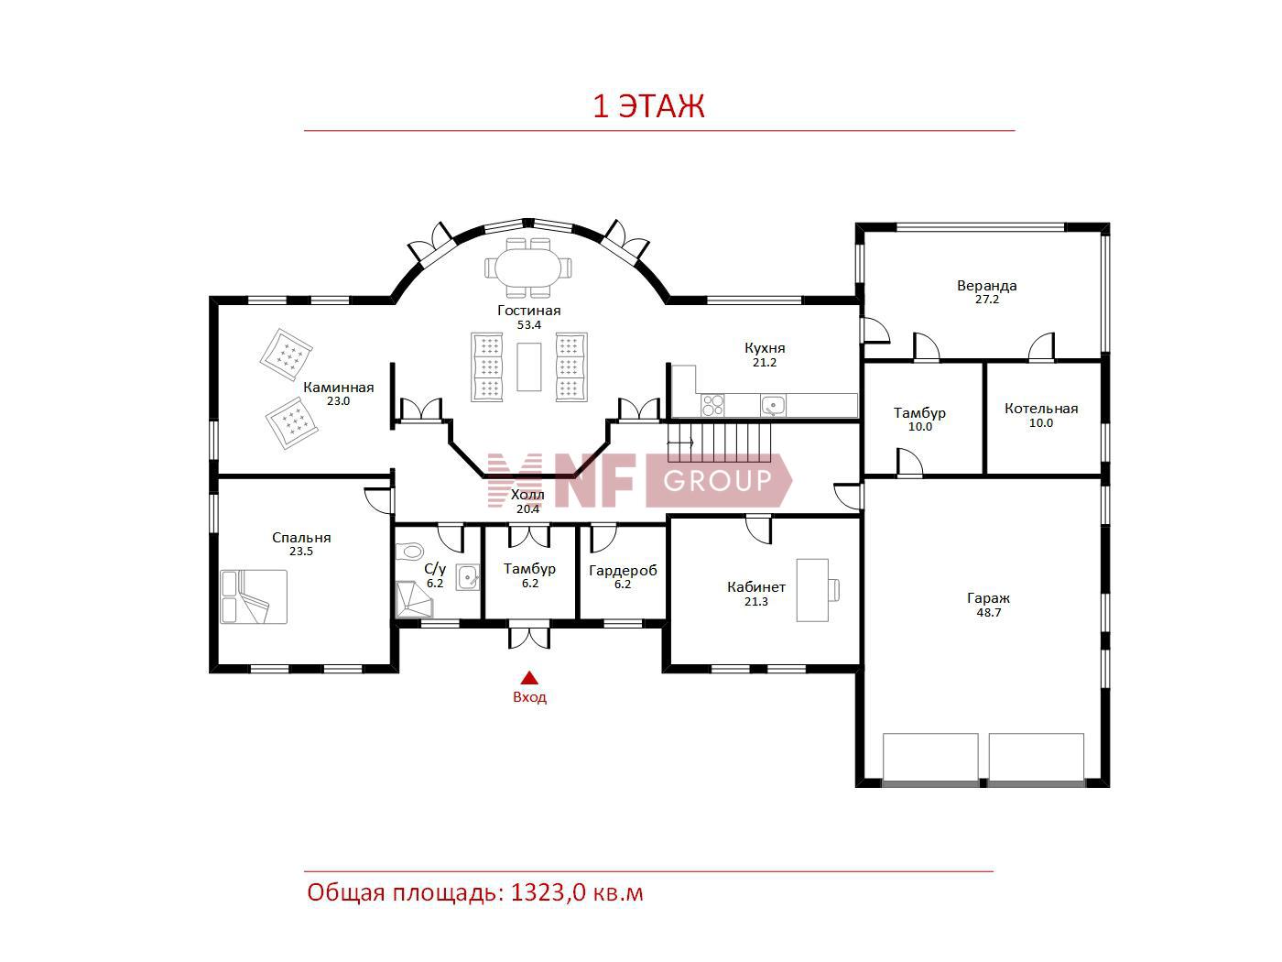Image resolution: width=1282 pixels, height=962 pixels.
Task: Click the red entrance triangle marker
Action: pos(529,678)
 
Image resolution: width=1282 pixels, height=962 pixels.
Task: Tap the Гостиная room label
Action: pos(528,311)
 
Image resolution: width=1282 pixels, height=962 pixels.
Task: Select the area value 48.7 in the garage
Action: pos(988,613)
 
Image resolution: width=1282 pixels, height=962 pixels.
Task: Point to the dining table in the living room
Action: pos(528,268)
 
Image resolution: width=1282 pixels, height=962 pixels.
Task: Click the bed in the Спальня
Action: pos(254,597)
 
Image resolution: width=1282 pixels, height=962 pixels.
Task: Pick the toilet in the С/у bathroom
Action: pos(409,551)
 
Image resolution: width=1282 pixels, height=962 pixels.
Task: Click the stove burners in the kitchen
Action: pos(712,405)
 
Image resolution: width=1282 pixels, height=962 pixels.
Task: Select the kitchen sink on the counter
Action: pos(773,405)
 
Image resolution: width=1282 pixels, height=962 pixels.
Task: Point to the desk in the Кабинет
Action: pos(812,590)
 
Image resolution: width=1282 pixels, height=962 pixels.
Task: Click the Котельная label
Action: pos(1041,409)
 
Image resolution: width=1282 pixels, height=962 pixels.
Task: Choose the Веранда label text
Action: pos(986,286)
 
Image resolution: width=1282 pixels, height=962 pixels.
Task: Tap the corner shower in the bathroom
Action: pos(414,599)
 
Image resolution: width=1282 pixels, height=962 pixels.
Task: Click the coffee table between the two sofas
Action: pos(528,366)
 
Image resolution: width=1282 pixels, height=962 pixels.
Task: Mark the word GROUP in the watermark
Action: pos(718,481)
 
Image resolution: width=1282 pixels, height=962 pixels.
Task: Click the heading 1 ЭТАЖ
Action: pos(648,106)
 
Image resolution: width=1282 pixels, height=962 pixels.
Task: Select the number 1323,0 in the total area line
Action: pos(549,892)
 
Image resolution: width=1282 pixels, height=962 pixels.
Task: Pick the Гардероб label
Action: pos(623,571)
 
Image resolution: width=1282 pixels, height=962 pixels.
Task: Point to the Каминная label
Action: pos(338,388)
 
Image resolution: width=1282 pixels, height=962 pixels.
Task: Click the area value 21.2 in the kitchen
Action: pos(764,363)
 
